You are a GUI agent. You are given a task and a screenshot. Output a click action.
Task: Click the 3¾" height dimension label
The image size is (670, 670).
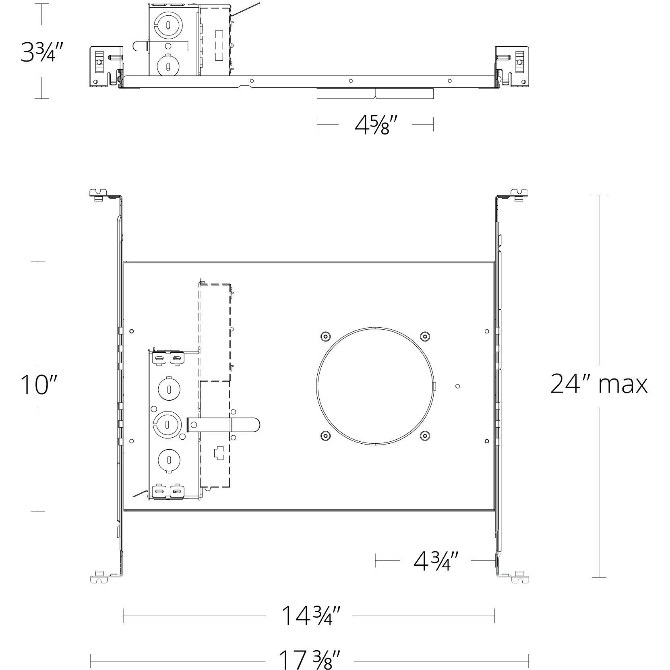coord(42,53)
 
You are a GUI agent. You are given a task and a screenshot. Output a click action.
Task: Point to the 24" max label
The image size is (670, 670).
coord(598,384)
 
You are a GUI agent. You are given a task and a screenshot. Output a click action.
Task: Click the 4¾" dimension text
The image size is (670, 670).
coord(436,561)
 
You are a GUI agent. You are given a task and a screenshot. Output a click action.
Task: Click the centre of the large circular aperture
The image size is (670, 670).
coord(375,385)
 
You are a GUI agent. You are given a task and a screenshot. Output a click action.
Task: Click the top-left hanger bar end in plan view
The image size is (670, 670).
coord(99,194)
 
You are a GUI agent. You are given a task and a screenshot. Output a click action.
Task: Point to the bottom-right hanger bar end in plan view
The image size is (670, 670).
coord(519,578)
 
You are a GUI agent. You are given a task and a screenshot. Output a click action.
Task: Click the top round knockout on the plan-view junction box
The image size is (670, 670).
coord(169,389)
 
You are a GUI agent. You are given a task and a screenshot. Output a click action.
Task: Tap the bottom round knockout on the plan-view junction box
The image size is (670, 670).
coord(169,459)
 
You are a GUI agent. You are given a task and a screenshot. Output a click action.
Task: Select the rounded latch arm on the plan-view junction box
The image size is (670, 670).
coord(224,425)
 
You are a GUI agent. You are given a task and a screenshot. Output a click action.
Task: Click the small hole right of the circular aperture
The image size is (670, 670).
coord(457,387)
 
